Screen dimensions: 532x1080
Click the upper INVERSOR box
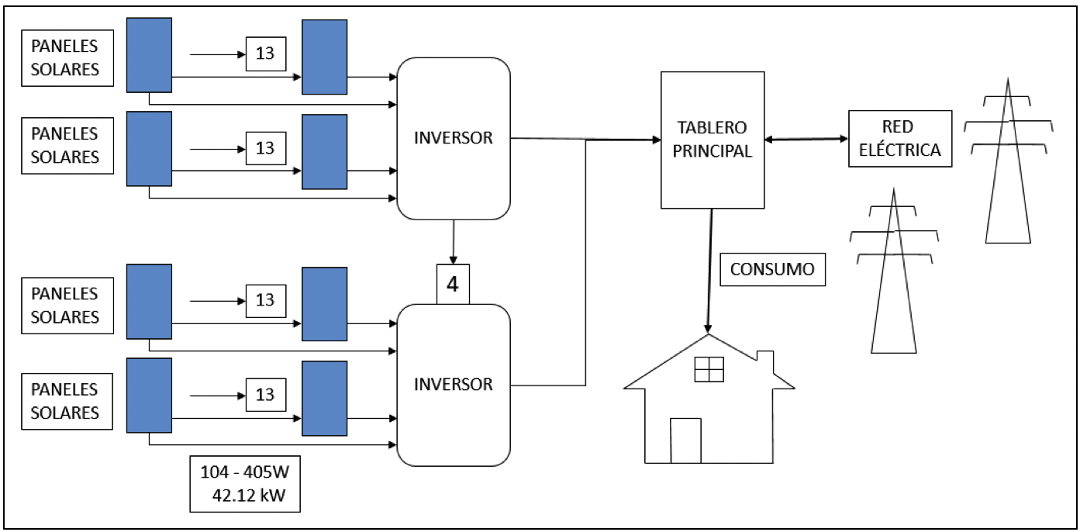(454, 138)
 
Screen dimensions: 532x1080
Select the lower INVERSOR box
(454, 384)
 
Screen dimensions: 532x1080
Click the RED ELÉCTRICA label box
(900, 139)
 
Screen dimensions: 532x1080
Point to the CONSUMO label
(772, 270)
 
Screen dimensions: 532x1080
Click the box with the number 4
(453, 284)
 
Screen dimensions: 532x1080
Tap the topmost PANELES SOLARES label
(65, 58)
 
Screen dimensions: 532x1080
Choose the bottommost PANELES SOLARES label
(65, 400)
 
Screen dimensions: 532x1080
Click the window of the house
(709, 369)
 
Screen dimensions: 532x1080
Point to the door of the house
(685, 440)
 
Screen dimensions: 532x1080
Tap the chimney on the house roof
(764, 361)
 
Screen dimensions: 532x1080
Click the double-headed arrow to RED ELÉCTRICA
(806, 140)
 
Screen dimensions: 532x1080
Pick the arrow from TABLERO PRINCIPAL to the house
(709, 271)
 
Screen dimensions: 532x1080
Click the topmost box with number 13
(265, 54)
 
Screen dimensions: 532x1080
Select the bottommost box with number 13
(265, 395)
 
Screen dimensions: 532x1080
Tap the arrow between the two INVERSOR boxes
(453, 242)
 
